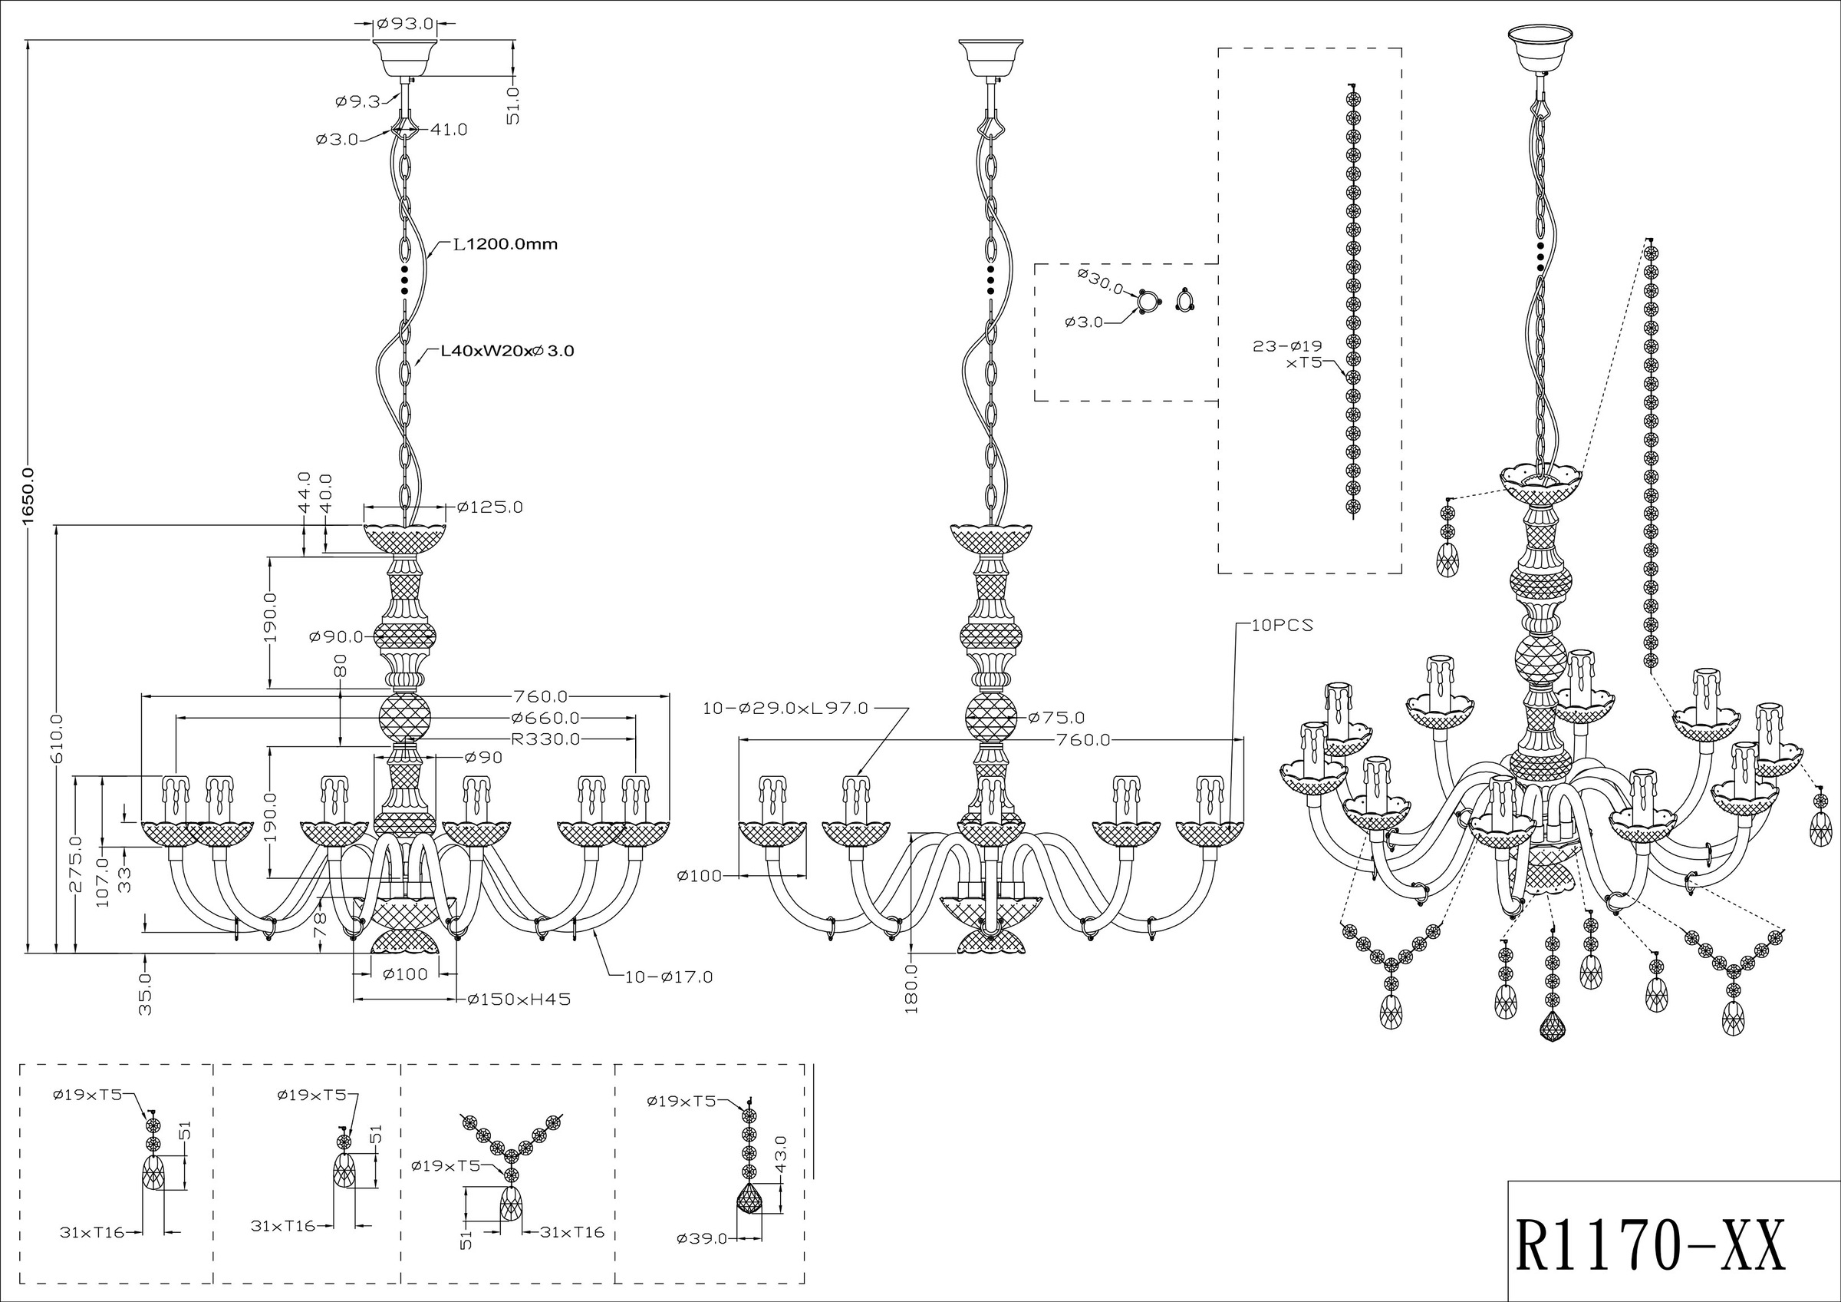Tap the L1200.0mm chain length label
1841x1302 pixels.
(x=506, y=244)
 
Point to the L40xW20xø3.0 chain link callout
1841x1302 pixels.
(x=508, y=351)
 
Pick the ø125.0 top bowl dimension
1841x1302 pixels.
(x=490, y=507)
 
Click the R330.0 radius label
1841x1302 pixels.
(x=546, y=739)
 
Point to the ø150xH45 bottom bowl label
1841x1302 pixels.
(x=519, y=1000)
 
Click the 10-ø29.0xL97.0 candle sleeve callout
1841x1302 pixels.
(x=785, y=709)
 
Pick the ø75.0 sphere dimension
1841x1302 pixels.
(x=1056, y=717)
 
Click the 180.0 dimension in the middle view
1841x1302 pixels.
(x=912, y=988)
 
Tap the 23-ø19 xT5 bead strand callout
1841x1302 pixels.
(x=1289, y=354)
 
